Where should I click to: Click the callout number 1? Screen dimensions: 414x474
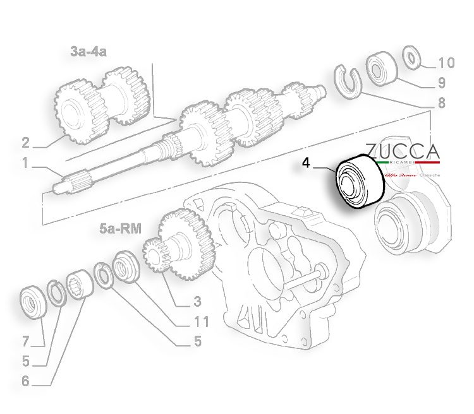[25, 163]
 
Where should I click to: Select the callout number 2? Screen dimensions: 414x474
[25, 141]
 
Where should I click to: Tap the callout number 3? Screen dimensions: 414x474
[197, 301]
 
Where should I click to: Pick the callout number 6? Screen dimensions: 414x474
[25, 381]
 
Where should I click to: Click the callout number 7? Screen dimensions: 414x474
[25, 342]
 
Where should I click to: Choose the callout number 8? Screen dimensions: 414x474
[441, 102]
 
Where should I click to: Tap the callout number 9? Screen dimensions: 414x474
[441, 82]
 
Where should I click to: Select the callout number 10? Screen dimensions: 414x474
[446, 62]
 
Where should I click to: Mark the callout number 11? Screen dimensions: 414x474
[200, 322]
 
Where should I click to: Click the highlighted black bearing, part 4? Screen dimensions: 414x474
[358, 182]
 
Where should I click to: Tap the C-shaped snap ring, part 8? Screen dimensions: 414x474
[346, 80]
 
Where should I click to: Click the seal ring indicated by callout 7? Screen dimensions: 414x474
[32, 301]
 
